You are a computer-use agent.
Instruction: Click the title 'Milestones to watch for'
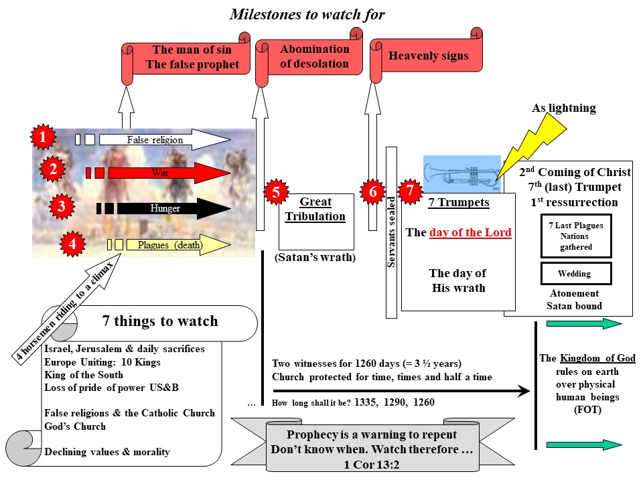pos(307,14)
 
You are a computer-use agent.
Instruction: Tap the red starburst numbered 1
pos(43,138)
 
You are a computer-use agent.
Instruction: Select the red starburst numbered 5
pos(275,192)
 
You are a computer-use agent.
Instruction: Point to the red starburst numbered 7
pos(411,191)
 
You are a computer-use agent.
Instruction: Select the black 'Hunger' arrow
pos(167,208)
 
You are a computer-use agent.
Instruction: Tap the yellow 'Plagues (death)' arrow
pos(167,244)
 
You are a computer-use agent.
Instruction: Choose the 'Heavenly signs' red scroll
pos(427,56)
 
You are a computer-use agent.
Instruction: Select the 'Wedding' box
pos(575,274)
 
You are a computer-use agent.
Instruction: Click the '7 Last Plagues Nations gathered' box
pos(575,236)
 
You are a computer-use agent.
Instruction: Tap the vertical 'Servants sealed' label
pos(391,232)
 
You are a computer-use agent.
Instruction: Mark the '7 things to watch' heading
pos(159,321)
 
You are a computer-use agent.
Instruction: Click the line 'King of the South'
pos(83,375)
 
